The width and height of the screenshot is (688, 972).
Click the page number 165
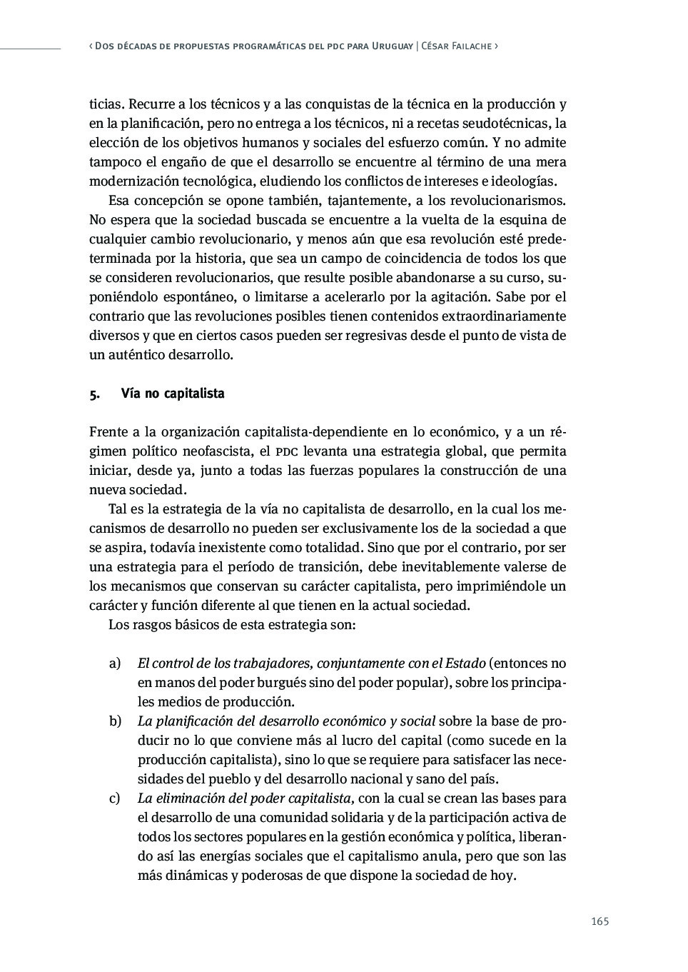point(600,921)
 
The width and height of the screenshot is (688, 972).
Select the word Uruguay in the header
point(393,46)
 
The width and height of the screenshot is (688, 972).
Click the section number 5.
point(93,394)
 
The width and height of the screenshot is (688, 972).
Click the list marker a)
point(114,663)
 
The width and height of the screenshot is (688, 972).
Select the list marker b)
point(115,721)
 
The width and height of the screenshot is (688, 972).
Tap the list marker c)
point(114,798)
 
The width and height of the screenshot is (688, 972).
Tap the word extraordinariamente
point(505,316)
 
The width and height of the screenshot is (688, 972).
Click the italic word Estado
point(465,663)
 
